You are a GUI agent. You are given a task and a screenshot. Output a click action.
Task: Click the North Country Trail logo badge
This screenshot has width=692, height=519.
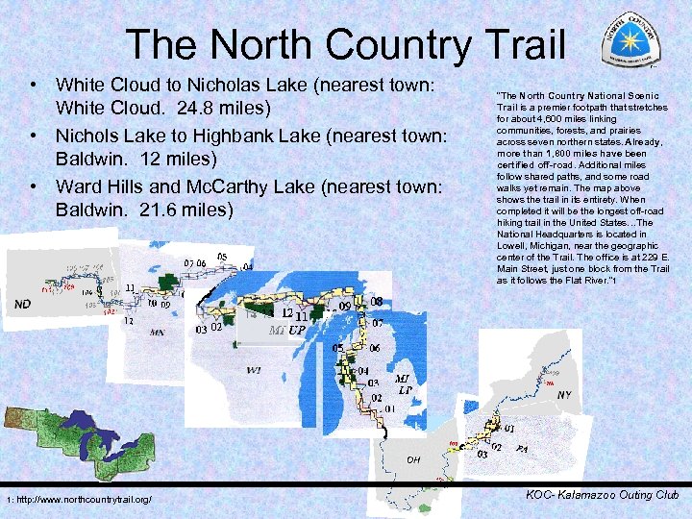tap(631, 41)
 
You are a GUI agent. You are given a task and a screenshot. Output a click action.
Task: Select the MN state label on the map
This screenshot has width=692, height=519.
tap(157, 333)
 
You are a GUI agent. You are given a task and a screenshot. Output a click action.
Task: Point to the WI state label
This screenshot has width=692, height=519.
tap(254, 369)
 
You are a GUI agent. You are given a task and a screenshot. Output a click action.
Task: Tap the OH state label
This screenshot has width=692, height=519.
tap(412, 459)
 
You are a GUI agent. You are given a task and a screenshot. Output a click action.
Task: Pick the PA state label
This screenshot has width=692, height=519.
tap(521, 449)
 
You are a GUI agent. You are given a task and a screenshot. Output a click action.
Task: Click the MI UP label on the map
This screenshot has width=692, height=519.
tap(287, 330)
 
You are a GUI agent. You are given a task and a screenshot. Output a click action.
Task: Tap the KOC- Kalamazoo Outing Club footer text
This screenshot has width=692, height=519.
tap(603, 495)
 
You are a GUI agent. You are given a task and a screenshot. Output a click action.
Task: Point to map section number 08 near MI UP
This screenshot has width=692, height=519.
tap(376, 302)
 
